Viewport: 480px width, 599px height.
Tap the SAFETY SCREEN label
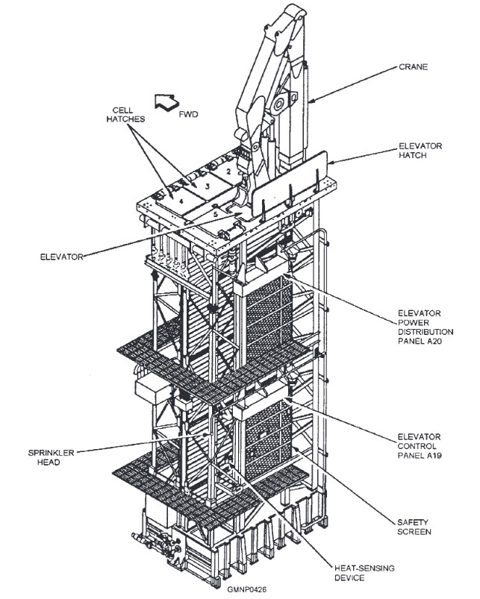(x=416, y=527)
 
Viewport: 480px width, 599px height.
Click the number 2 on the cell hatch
(x=228, y=171)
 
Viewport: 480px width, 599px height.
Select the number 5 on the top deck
(x=215, y=215)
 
